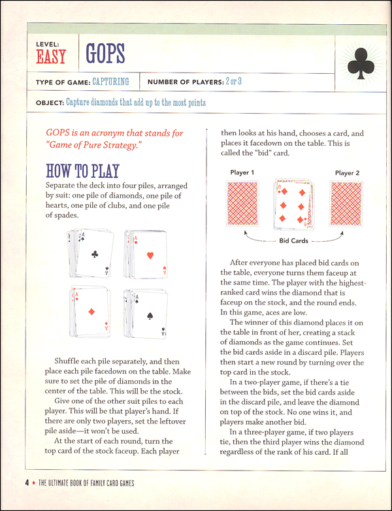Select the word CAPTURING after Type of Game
tap(110, 82)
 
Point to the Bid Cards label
tap(294, 240)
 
